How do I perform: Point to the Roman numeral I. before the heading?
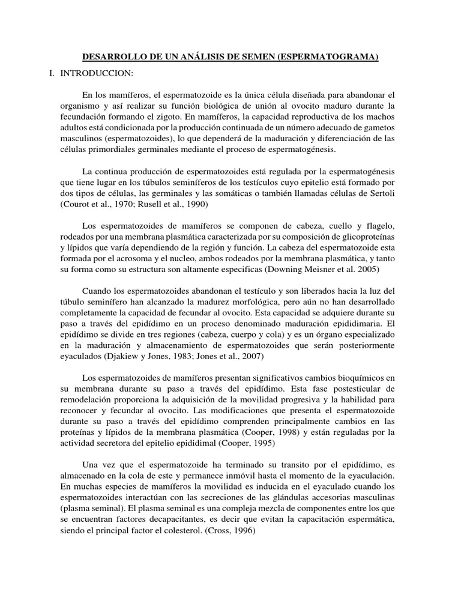pyautogui.click(x=52, y=73)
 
